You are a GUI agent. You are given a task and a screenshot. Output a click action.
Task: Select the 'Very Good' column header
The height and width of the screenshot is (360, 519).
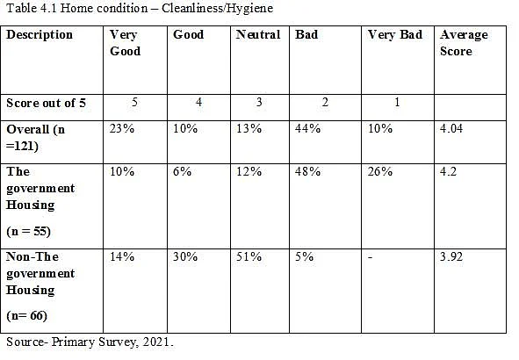click(x=125, y=43)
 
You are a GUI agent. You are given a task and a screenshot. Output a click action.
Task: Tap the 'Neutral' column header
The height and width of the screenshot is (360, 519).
click(x=258, y=34)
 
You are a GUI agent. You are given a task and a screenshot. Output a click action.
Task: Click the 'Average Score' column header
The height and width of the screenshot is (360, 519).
click(x=464, y=43)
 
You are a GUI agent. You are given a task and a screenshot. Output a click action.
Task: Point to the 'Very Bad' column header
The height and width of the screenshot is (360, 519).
click(x=395, y=34)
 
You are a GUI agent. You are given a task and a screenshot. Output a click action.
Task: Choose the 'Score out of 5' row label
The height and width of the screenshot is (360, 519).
click(x=46, y=103)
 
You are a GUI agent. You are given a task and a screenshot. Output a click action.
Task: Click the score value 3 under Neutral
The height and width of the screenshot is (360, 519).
click(x=259, y=102)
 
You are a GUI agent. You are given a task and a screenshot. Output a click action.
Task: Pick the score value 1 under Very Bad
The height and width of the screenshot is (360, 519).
click(x=397, y=102)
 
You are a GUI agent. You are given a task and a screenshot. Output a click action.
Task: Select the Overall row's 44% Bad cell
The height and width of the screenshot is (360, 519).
click(x=307, y=128)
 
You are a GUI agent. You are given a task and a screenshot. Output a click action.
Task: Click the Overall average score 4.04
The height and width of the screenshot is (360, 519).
click(x=451, y=128)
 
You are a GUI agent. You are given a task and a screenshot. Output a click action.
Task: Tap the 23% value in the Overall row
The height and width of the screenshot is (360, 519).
click(x=122, y=128)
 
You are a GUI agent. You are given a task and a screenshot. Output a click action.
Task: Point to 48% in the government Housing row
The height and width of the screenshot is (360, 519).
click(x=307, y=171)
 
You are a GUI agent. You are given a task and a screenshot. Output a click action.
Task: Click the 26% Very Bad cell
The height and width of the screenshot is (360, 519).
click(x=380, y=171)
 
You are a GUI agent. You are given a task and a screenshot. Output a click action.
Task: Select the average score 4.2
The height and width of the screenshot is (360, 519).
click(x=448, y=171)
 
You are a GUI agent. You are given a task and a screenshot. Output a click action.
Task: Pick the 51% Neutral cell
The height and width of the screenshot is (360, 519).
click(x=249, y=256)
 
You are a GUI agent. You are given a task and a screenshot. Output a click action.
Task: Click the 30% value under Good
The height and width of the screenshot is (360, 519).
click(x=185, y=256)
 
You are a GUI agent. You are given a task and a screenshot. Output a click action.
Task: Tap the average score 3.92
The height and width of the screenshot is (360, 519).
click(x=451, y=256)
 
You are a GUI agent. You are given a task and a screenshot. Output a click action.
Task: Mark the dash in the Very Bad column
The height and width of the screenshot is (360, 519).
click(x=370, y=257)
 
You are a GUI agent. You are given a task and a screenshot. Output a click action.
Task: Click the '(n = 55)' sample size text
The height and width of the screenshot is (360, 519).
click(x=28, y=231)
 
